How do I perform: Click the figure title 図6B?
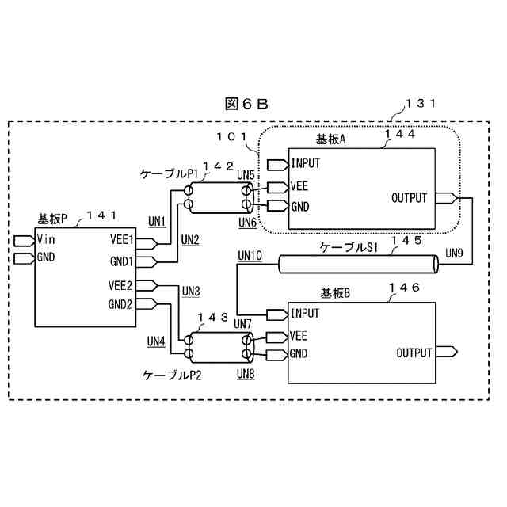tap(247, 103)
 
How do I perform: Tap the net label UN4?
tap(156, 341)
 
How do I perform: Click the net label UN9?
tap(455, 253)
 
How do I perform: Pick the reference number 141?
tap(101, 214)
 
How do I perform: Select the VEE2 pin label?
tap(121, 286)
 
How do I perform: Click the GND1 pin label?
tap(121, 261)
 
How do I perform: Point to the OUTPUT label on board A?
tap(410, 198)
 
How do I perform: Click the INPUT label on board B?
tap(305, 314)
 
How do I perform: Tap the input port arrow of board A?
tap(278, 165)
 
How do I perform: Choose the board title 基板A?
tap(332, 139)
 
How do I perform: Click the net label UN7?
tap(243, 323)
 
